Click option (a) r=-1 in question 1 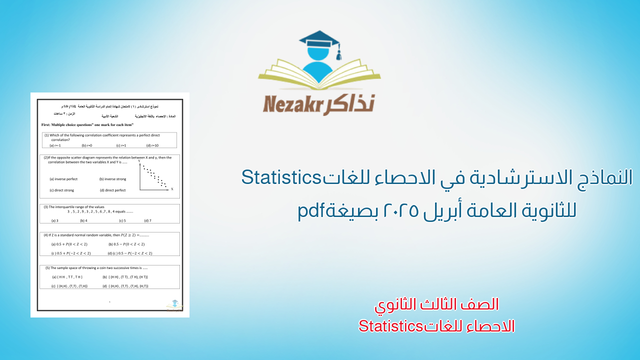55,145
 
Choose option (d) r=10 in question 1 152,145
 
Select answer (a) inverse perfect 63,179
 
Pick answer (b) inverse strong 112,179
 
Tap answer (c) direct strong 61,190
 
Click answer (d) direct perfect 112,190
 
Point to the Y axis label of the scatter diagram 139,161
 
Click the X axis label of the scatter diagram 172,189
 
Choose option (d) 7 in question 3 147,220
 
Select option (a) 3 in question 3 55,220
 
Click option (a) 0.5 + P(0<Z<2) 69,244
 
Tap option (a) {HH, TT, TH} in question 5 67,276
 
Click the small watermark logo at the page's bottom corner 174,304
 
